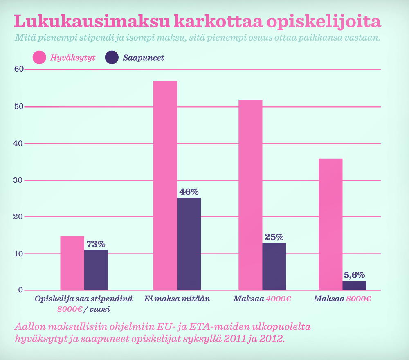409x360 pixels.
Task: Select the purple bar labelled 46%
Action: pyautogui.click(x=189, y=244)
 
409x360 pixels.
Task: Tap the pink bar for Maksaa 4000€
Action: pyautogui.click(x=250, y=195)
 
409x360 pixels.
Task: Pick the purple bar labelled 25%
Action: pyautogui.click(x=274, y=266)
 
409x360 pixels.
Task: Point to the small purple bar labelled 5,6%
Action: pyautogui.click(x=354, y=286)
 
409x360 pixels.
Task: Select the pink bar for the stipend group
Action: pyautogui.click(x=72, y=263)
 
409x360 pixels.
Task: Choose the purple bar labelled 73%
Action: pyautogui.click(x=96, y=270)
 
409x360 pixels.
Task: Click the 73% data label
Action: pyautogui.click(x=96, y=244)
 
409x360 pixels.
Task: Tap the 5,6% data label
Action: pyautogui.click(x=354, y=275)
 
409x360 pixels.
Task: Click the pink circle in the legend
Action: pyautogui.click(x=39, y=58)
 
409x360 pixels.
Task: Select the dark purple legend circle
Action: pyautogui.click(x=112, y=58)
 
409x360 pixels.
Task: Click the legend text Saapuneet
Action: pyautogui.click(x=144, y=58)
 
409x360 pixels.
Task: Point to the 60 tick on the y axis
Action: pyautogui.click(x=18, y=69)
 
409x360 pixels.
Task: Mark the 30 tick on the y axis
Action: pyautogui.click(x=18, y=180)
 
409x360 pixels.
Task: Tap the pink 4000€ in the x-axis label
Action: pyautogui.click(x=278, y=299)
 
